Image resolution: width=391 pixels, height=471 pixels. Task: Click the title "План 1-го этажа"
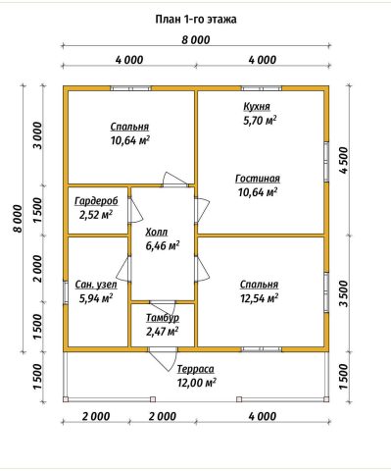coord(196,20)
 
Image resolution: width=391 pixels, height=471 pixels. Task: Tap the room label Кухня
coord(257,107)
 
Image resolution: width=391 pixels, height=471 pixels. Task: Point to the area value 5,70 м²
coord(260,121)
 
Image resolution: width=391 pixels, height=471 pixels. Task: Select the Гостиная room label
coord(258,179)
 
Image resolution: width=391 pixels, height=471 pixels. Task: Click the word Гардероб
coord(96,201)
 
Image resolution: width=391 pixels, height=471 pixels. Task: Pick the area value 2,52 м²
coord(96,215)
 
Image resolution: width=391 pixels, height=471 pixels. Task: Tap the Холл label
coord(157,233)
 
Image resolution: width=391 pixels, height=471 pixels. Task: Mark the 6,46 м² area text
coord(163,245)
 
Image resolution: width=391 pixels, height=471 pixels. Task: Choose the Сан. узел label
coord(96,285)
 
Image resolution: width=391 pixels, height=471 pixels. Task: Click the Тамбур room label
coord(163,318)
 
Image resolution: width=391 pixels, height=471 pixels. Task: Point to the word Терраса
coord(196,369)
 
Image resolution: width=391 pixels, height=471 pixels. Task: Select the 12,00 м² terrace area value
coord(197,383)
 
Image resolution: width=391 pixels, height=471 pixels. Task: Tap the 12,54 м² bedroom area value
coord(260,298)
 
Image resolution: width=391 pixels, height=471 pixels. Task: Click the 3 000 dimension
coord(38,135)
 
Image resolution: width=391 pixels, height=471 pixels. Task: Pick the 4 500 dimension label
coord(344,161)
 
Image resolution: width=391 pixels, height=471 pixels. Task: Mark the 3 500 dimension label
coord(344,293)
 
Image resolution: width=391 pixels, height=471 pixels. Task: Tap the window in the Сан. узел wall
coord(66,291)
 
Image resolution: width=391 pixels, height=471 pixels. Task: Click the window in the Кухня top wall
coord(262,88)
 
